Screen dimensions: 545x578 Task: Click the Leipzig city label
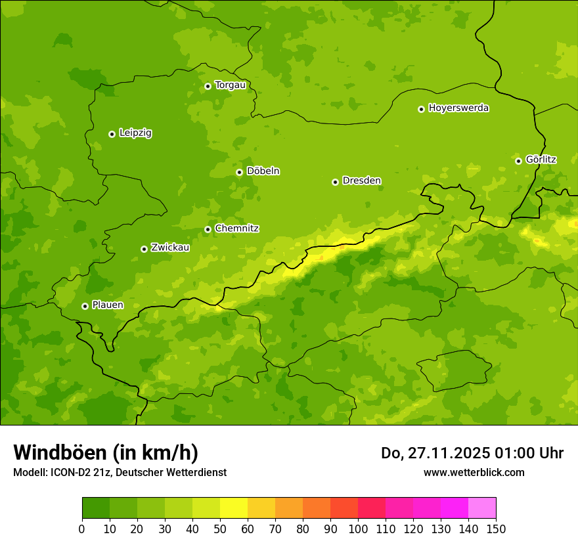135,133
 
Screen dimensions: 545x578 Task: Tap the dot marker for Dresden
335,182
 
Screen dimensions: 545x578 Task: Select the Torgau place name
230,85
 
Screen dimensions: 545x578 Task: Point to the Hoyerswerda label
458,108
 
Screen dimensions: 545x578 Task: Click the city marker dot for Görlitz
518,161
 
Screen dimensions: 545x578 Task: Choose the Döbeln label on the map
263,171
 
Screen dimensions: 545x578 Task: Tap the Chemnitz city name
236,229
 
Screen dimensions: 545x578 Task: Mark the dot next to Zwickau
144,249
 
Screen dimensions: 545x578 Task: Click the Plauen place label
108,305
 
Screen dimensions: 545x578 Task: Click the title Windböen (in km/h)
106,452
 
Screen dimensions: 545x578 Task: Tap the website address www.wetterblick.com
474,473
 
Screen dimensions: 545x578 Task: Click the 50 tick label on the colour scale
220,529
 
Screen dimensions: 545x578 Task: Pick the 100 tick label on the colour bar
358,529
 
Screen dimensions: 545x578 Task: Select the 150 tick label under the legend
496,529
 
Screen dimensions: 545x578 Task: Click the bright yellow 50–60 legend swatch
234,508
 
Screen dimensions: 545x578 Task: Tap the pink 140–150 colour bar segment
482,508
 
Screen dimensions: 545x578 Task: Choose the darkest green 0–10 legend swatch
96,508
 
